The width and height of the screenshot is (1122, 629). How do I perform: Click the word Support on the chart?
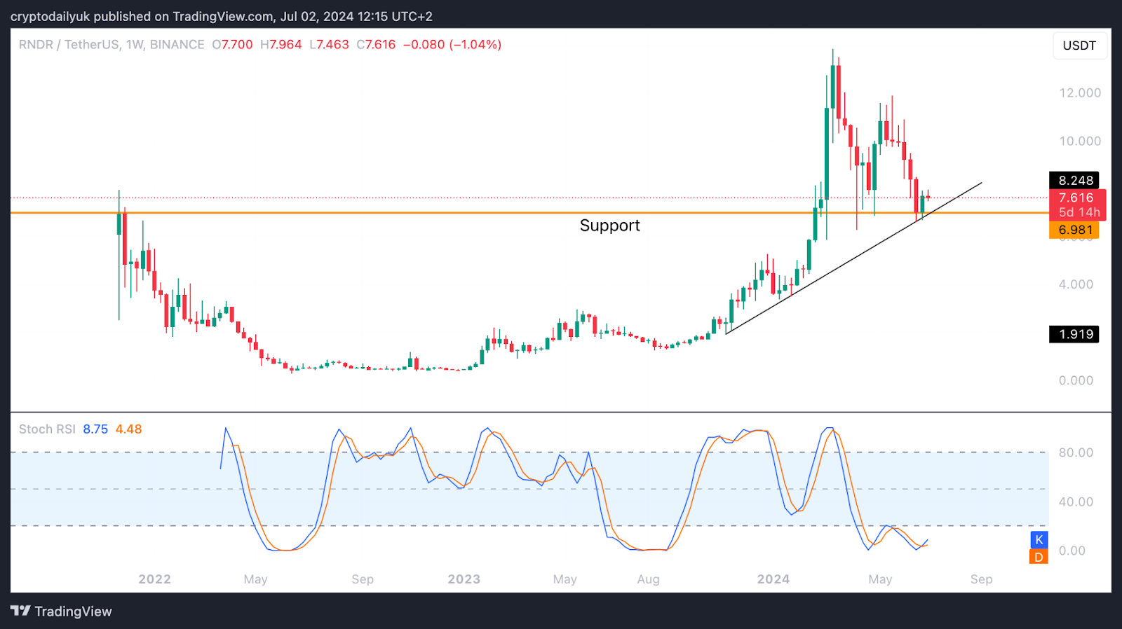609,226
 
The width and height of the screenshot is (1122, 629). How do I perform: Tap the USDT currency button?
1079,46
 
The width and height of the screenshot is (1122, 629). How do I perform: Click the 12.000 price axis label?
1079,93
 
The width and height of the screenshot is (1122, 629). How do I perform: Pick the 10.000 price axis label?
1079,141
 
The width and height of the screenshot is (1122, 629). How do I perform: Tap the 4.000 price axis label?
1076,284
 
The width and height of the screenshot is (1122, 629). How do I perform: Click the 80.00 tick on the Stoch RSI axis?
1076,452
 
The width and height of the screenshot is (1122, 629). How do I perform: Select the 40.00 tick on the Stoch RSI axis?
1076,502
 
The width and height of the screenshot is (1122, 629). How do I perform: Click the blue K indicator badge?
1039,539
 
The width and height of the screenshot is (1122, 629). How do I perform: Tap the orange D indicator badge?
1039,557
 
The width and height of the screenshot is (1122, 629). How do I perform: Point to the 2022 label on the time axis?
154,579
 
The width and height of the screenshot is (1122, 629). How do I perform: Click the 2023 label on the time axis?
464,579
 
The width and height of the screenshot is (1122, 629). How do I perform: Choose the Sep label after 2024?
981,579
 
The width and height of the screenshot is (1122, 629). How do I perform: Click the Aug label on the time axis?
648,579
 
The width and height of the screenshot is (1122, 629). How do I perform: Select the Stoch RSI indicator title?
47,429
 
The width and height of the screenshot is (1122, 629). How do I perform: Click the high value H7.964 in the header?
280,45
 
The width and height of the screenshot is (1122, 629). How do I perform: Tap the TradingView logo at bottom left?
61,611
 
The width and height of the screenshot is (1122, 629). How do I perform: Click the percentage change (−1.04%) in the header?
475,45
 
